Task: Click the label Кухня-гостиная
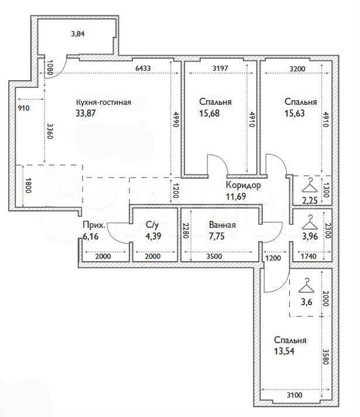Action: click(104, 102)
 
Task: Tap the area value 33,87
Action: click(85, 113)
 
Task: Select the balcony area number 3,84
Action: click(78, 34)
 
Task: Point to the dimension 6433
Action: click(143, 69)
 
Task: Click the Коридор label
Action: click(244, 185)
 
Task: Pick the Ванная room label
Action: click(222, 225)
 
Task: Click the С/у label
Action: click(152, 225)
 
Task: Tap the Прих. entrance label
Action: click(94, 225)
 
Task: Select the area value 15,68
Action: click(210, 113)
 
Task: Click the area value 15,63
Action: click(294, 113)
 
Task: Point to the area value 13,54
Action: click(284, 351)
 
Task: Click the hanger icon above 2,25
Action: click(310, 185)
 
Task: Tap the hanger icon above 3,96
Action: click(310, 223)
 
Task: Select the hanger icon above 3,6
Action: click(307, 285)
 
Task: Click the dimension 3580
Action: click(326, 356)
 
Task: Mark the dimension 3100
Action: click(294, 395)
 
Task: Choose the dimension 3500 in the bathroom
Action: click(214, 257)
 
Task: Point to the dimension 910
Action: click(23, 108)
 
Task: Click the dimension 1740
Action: click(308, 257)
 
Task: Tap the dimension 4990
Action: click(175, 119)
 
